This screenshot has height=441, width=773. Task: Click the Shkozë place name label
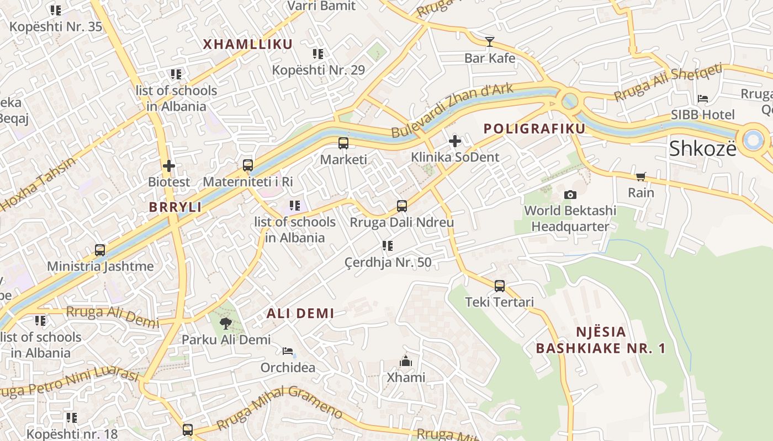pyautogui.click(x=702, y=148)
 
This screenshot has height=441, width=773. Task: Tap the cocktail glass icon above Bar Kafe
pyautogui.click(x=489, y=41)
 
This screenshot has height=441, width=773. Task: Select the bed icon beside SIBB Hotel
pyautogui.click(x=703, y=99)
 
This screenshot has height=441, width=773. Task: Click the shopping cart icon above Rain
pyautogui.click(x=640, y=177)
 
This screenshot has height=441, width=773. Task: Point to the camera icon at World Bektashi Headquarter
pyautogui.click(x=570, y=195)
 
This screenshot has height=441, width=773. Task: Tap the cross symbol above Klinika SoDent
pyautogui.click(x=454, y=142)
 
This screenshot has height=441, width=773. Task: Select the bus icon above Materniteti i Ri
pyautogui.click(x=248, y=165)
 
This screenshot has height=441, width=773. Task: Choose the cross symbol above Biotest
pyautogui.click(x=169, y=165)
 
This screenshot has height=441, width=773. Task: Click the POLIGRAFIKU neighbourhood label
pyautogui.click(x=534, y=129)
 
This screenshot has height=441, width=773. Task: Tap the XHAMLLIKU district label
pyautogui.click(x=247, y=45)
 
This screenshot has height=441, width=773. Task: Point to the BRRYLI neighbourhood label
pyautogui.click(x=175, y=207)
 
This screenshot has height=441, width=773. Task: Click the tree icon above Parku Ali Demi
pyautogui.click(x=225, y=324)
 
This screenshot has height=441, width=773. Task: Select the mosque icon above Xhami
pyautogui.click(x=406, y=361)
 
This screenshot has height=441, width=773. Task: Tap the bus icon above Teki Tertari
pyautogui.click(x=500, y=286)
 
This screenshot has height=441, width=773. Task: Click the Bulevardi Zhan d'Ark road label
pyautogui.click(x=452, y=110)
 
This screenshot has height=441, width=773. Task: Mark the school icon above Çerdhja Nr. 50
pyautogui.click(x=388, y=246)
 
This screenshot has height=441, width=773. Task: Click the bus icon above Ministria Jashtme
pyautogui.click(x=100, y=250)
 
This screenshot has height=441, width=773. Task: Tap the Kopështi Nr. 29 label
pyautogui.click(x=318, y=70)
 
